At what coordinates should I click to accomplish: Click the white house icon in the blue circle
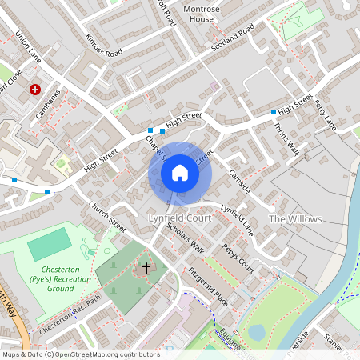(x=180, y=173)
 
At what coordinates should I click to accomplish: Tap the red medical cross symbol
(x=35, y=90)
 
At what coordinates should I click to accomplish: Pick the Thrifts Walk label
(x=286, y=140)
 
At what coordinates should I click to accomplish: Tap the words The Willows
(x=294, y=219)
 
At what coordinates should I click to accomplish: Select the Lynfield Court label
(x=179, y=218)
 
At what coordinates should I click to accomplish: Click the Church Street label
(x=107, y=216)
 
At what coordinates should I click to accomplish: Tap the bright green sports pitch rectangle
(x=50, y=244)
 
